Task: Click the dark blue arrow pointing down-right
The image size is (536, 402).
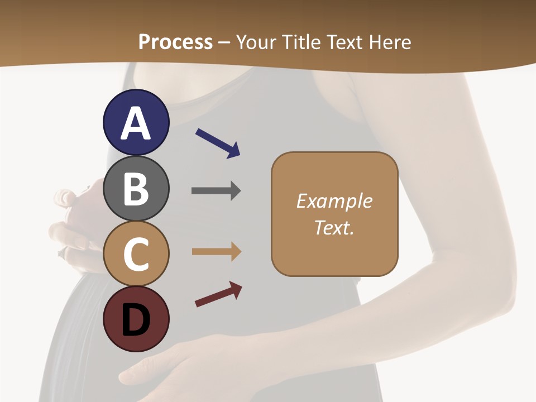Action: [218, 143]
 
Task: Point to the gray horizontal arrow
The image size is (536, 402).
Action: [216, 191]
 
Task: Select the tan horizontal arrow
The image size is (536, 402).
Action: [216, 252]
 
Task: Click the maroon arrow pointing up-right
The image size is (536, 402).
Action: [218, 295]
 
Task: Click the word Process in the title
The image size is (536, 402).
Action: [175, 42]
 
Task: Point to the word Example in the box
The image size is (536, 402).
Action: [334, 201]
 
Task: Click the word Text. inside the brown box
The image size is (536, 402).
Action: [334, 227]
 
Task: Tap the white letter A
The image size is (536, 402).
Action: [136, 123]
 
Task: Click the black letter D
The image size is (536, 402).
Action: [136, 320]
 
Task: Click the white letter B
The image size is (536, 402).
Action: [136, 189]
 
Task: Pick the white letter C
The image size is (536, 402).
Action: [136, 255]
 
